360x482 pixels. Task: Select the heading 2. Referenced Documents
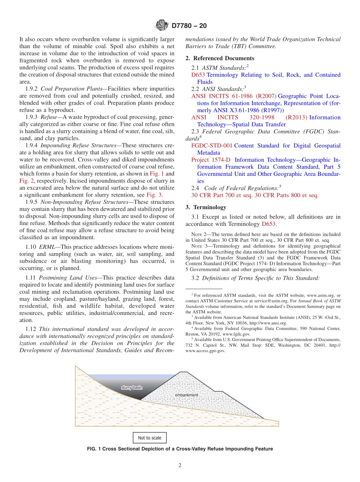(x=220, y=58)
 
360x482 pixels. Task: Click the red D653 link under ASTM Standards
(x=198, y=75)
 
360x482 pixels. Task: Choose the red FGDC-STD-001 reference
(x=211, y=146)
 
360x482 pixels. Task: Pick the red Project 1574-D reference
(x=210, y=160)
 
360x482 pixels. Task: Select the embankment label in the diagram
(x=186, y=395)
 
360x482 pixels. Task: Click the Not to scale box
(x=149, y=438)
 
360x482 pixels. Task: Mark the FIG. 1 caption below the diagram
(x=180, y=449)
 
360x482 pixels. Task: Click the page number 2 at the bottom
(x=180, y=466)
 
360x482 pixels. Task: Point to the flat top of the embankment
(x=185, y=372)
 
